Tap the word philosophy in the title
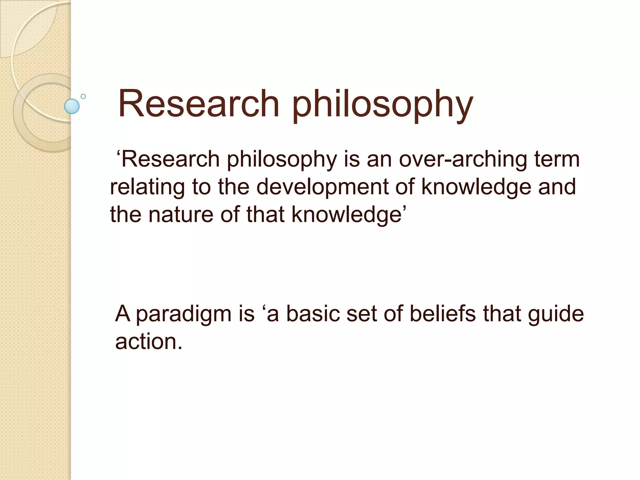click(382, 105)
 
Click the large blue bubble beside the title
click(72, 106)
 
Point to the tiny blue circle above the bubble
click(83, 96)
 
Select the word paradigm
click(183, 314)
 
